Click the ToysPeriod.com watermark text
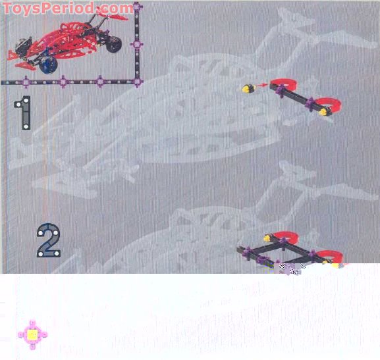click(x=68, y=9)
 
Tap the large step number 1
click(x=23, y=113)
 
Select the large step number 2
click(x=49, y=240)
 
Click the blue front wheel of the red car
click(x=49, y=65)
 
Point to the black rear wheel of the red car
click(x=114, y=44)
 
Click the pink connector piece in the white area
click(x=32, y=335)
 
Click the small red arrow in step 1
click(x=261, y=85)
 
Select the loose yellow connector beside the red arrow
click(x=249, y=88)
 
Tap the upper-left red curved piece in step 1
click(x=284, y=84)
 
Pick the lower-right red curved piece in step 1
click(x=329, y=104)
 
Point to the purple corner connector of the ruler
click(x=137, y=82)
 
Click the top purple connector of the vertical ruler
click(x=137, y=7)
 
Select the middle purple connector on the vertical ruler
click(x=137, y=45)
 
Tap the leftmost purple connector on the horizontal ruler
click(x=26, y=82)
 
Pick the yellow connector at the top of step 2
click(x=267, y=238)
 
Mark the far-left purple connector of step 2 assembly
click(x=248, y=251)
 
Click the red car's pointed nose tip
click(x=9, y=58)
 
